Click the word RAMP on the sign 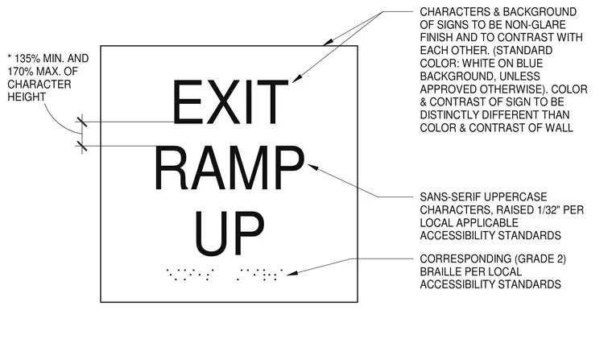[229, 168]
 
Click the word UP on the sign [229, 234]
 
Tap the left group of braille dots [190, 274]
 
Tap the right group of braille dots [260, 274]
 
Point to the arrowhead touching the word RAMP [313, 168]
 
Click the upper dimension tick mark [81, 122]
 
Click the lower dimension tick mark [81, 147]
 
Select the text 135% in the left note [27, 59]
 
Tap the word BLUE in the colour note [529, 64]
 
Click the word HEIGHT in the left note [27, 97]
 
